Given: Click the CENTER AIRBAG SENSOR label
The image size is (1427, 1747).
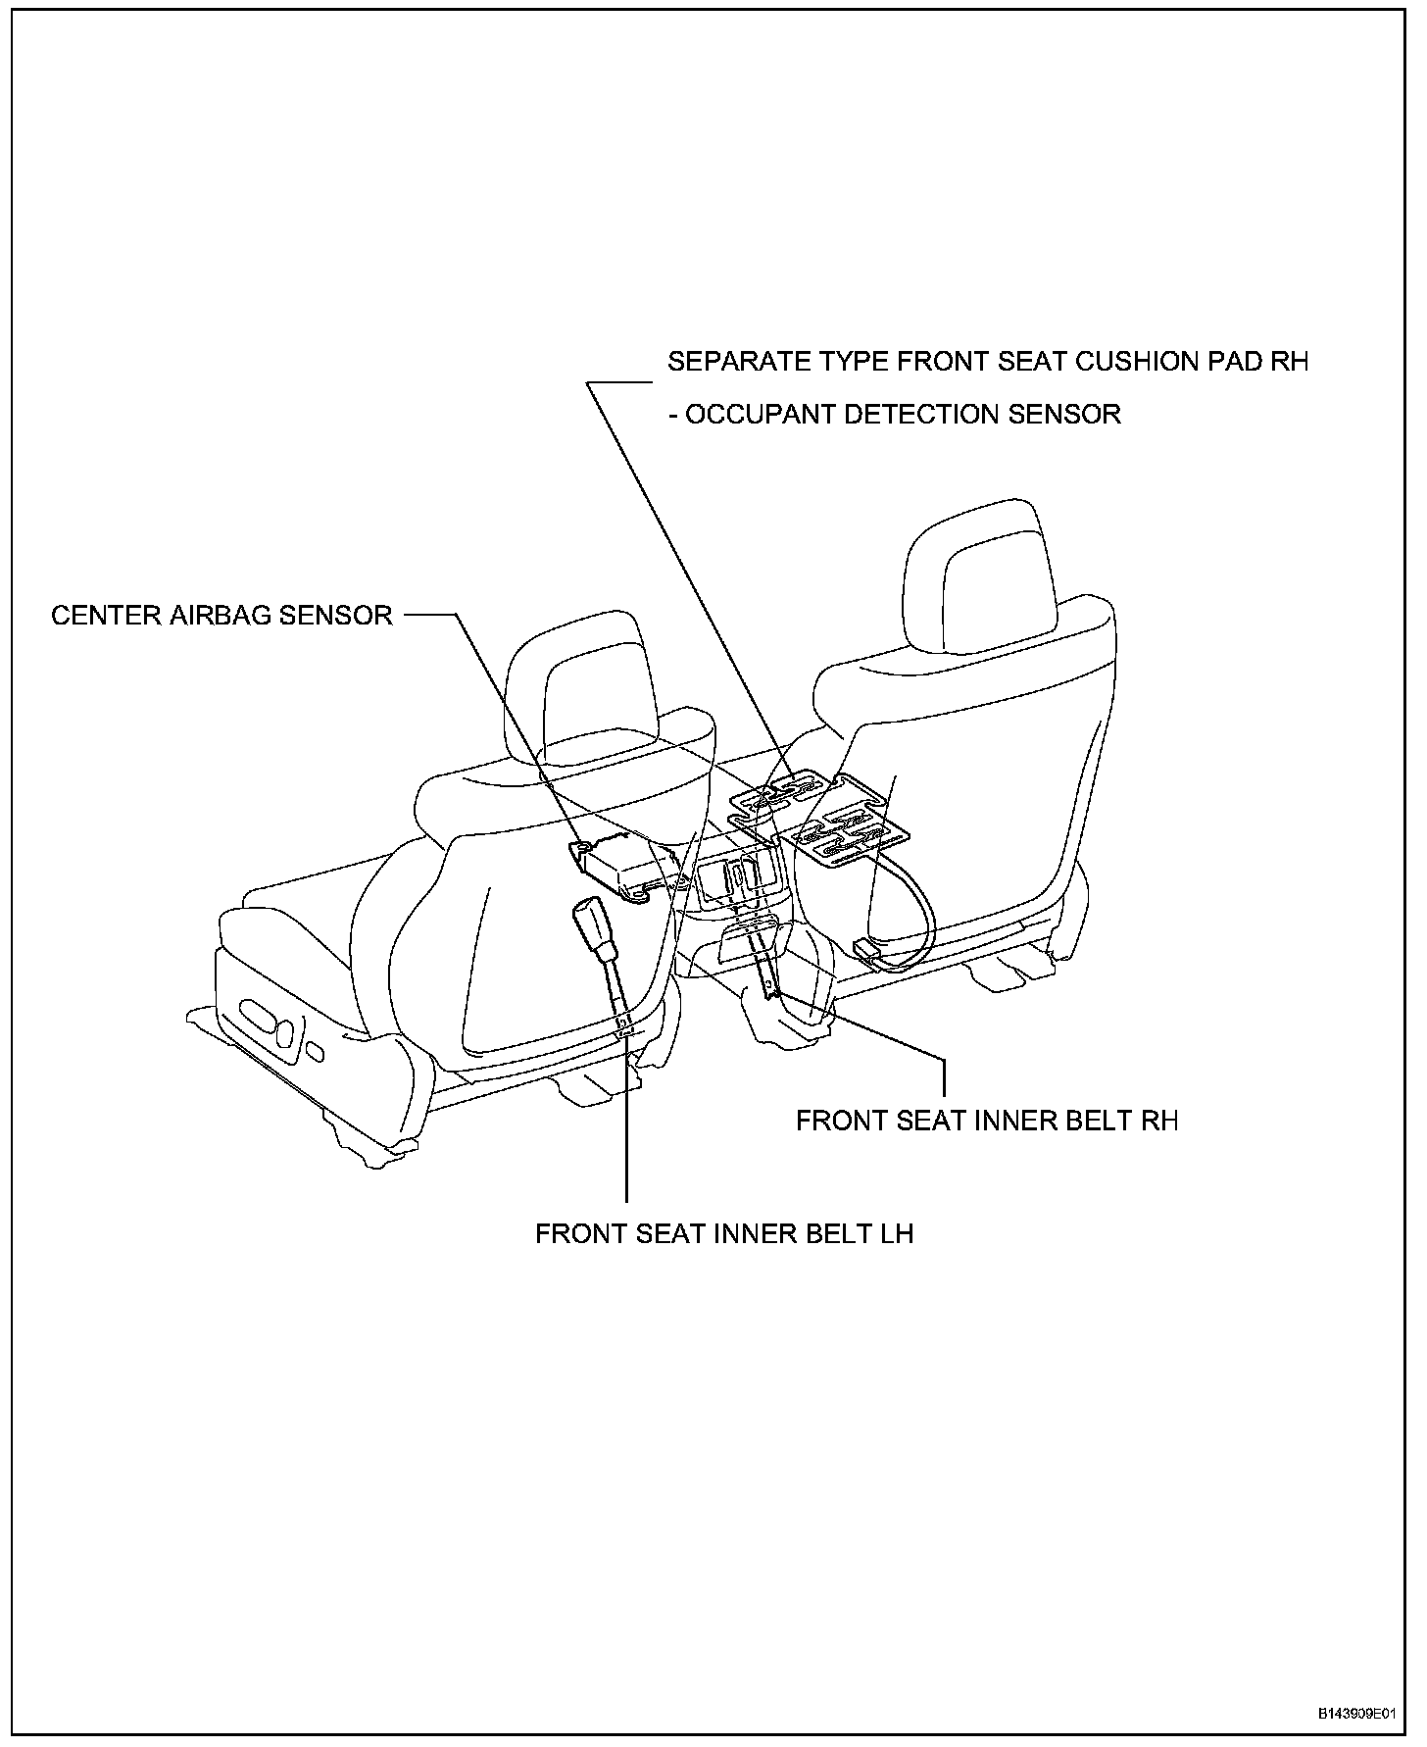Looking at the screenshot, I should pyautogui.click(x=221, y=616).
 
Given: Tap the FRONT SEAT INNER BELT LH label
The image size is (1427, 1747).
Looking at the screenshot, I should pyautogui.click(x=723, y=1233).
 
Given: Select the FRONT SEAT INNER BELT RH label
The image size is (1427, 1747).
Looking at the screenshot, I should pyautogui.click(x=986, y=1121).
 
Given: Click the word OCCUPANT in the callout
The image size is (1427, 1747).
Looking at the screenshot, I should pyautogui.click(x=758, y=415).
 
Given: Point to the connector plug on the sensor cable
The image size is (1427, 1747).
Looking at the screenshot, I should pyautogui.click(x=869, y=949).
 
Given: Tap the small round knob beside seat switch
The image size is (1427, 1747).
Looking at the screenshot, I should pyautogui.click(x=315, y=1052).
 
